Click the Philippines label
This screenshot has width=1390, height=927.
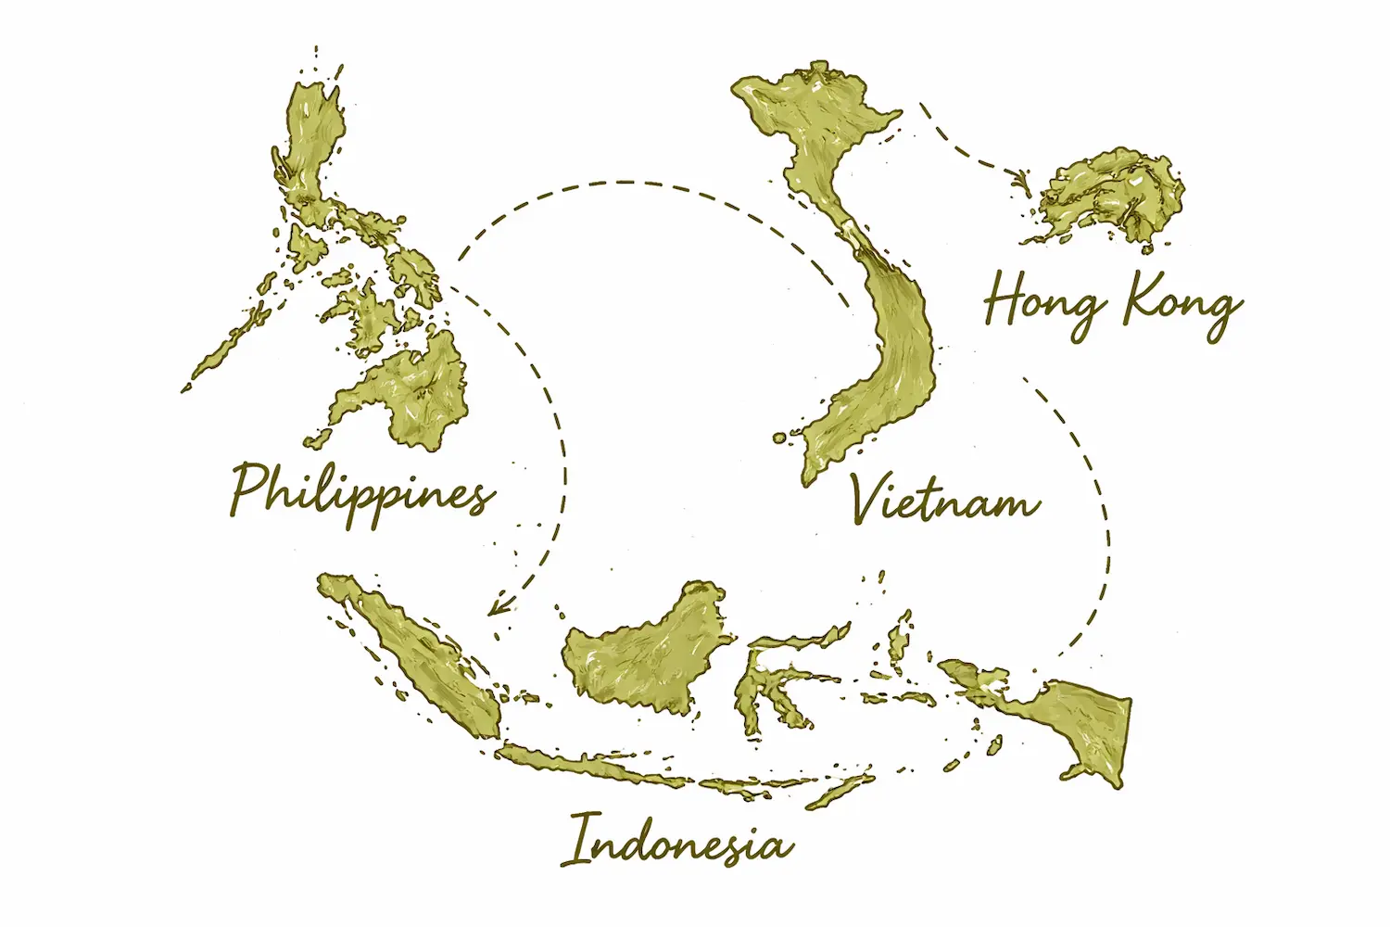pos(361,491)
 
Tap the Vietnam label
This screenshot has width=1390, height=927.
pos(945,501)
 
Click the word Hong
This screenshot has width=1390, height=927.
pos(1042,301)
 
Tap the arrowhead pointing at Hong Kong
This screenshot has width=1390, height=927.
pos(1022,176)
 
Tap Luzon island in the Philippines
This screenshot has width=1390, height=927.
pos(310,148)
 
